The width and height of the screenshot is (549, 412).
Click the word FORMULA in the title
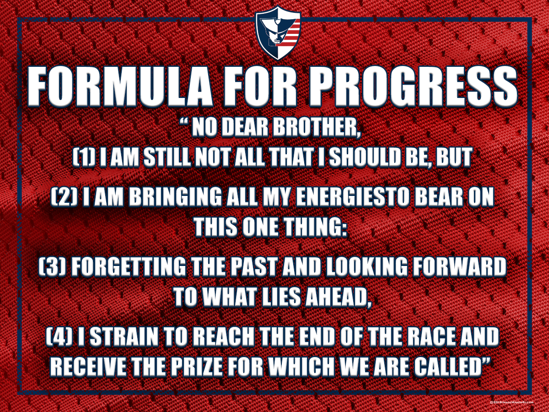tap(120, 86)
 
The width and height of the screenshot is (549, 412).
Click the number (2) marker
tap(65, 197)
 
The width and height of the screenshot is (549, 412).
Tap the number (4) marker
tap(59, 337)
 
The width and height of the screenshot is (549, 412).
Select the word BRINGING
tap(176, 197)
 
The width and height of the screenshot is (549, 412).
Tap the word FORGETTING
tap(129, 267)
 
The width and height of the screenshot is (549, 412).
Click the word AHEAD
tap(338, 297)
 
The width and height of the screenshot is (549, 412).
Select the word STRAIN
tap(124, 337)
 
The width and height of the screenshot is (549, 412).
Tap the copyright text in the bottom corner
tap(511, 402)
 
